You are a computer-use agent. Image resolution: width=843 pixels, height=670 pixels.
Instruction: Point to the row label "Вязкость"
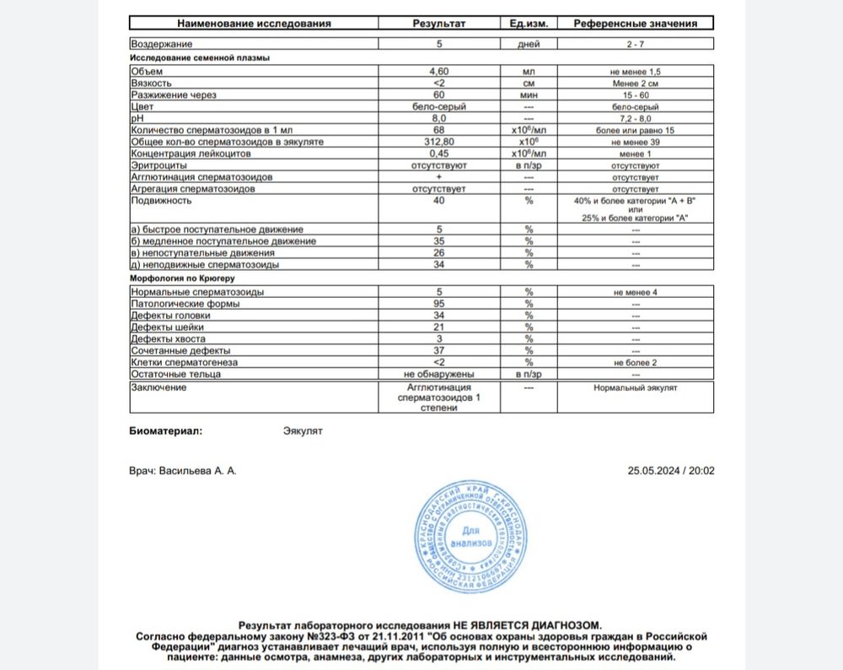152,84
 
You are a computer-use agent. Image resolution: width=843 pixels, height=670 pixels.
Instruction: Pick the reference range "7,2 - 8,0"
637,120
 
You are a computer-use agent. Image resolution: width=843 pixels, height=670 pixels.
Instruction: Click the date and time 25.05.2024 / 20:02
671,471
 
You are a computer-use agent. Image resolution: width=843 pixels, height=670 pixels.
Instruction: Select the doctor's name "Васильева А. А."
199,471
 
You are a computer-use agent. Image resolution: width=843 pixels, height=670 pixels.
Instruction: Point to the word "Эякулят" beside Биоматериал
303,430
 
